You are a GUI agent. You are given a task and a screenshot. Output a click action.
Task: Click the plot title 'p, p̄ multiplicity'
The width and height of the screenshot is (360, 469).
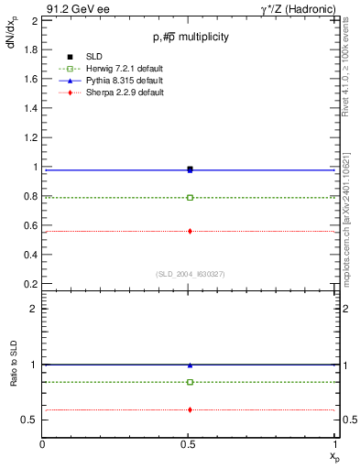tap(191, 38)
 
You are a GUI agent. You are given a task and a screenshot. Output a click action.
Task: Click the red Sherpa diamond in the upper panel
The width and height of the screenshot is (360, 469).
tap(190, 231)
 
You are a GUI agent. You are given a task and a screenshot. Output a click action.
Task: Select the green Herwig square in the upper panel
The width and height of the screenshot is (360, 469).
tap(190, 197)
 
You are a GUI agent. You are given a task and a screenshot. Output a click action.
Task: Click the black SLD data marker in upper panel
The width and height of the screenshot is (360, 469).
tap(190, 169)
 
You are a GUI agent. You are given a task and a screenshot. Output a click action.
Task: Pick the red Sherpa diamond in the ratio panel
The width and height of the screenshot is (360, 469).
tap(190, 409)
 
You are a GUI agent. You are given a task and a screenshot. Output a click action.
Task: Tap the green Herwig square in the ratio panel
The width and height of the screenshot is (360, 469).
tap(190, 382)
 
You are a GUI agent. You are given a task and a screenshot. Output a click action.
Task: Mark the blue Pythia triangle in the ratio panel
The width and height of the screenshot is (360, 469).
tap(190, 365)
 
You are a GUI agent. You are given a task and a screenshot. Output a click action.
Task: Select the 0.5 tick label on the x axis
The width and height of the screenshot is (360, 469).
tap(189, 442)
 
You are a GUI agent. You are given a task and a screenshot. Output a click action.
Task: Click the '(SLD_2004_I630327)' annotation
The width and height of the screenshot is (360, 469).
tap(190, 274)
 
